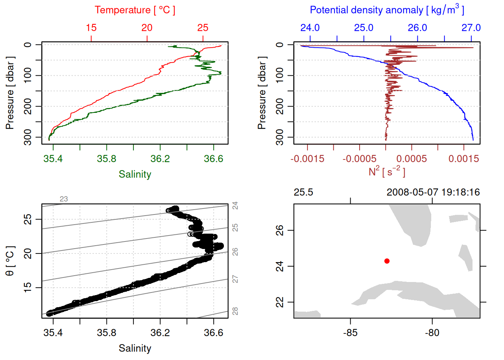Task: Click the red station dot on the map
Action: (x=387, y=261)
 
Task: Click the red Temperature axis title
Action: (x=135, y=10)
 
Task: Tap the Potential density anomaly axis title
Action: (x=387, y=10)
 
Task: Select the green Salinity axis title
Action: (x=135, y=174)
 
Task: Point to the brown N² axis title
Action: (x=387, y=171)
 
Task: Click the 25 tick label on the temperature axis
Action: (x=203, y=28)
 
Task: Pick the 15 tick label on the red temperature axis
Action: (x=91, y=28)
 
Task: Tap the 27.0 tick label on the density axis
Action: (x=471, y=28)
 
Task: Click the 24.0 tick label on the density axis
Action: (x=310, y=28)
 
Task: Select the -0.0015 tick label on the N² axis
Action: (x=307, y=159)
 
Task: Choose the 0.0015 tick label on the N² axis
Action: (x=464, y=159)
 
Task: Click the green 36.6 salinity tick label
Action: (x=213, y=159)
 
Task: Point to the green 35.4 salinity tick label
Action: (x=53, y=159)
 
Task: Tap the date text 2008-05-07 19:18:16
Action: (x=433, y=192)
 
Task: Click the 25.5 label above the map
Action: (x=303, y=192)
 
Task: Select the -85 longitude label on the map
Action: (x=350, y=333)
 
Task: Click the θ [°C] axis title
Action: (x=10, y=261)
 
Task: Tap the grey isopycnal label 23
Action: (x=64, y=199)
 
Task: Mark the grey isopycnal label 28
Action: (x=235, y=311)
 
